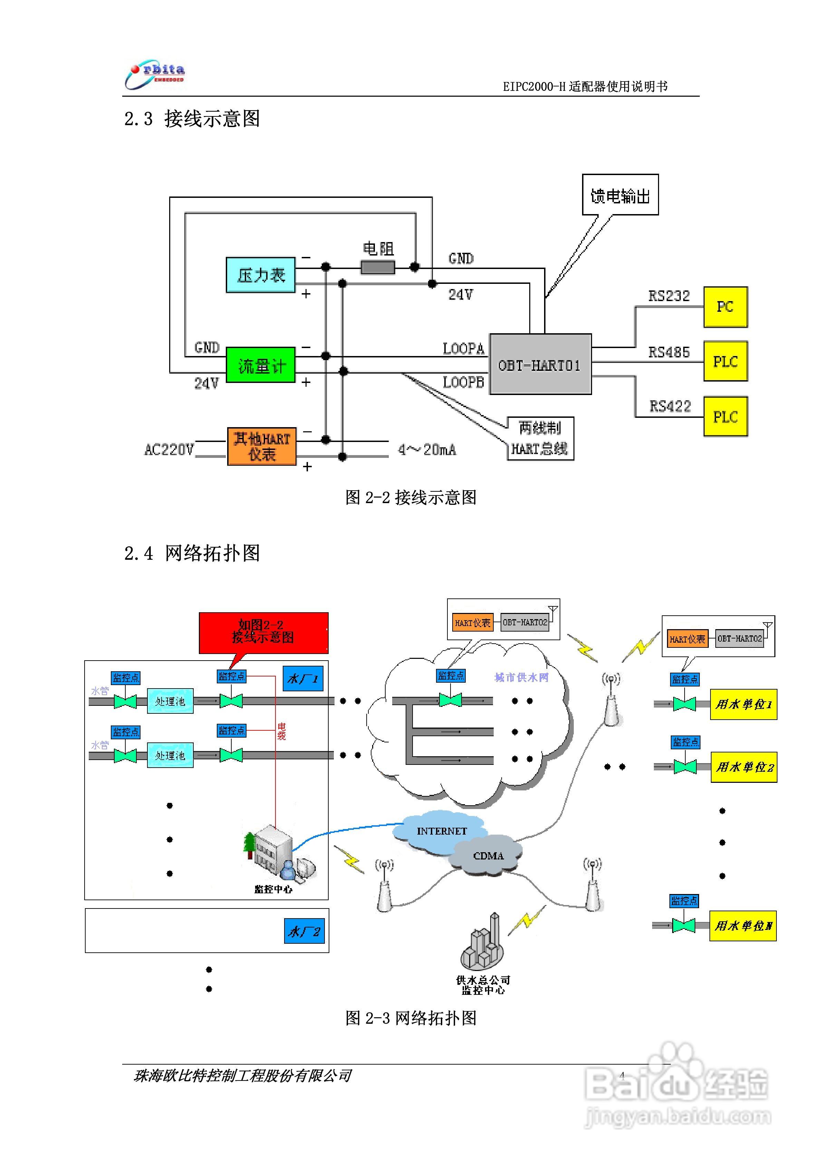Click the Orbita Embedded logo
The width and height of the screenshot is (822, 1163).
pos(155,75)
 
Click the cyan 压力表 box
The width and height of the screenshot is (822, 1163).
pos(260,275)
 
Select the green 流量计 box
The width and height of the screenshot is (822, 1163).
pos(260,365)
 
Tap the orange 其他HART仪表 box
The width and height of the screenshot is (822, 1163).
pos(261,446)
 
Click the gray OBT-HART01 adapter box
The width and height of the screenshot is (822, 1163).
pos(540,364)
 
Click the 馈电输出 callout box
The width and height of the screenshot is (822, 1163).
pos(620,195)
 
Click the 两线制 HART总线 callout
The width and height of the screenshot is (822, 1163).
pos(540,439)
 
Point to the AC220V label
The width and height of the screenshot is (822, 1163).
pos(169,449)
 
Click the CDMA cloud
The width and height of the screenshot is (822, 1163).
pos(488,856)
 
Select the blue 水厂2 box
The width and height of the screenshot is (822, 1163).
pos(303,931)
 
